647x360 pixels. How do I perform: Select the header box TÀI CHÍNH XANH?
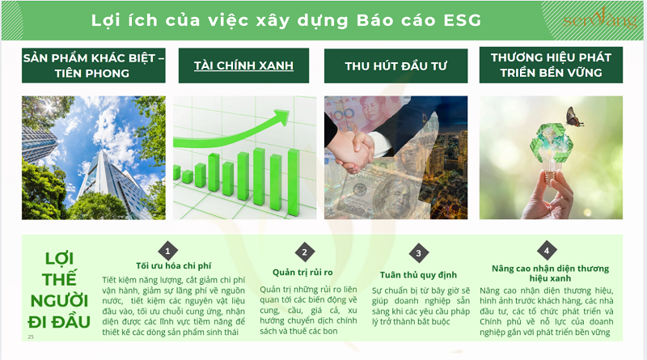coord(243,66)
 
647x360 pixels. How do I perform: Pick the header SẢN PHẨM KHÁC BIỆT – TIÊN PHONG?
coord(94,66)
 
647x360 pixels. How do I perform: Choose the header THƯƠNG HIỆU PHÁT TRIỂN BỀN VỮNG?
coord(551,65)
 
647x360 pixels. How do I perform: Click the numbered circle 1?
coord(167,250)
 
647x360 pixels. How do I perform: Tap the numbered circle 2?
coord(304,253)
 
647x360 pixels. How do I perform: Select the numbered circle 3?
coord(418,253)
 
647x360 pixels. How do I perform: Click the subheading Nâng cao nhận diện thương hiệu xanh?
coord(550,273)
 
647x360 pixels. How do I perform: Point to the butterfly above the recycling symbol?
coord(575,119)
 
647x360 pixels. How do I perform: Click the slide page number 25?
coord(31,337)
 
